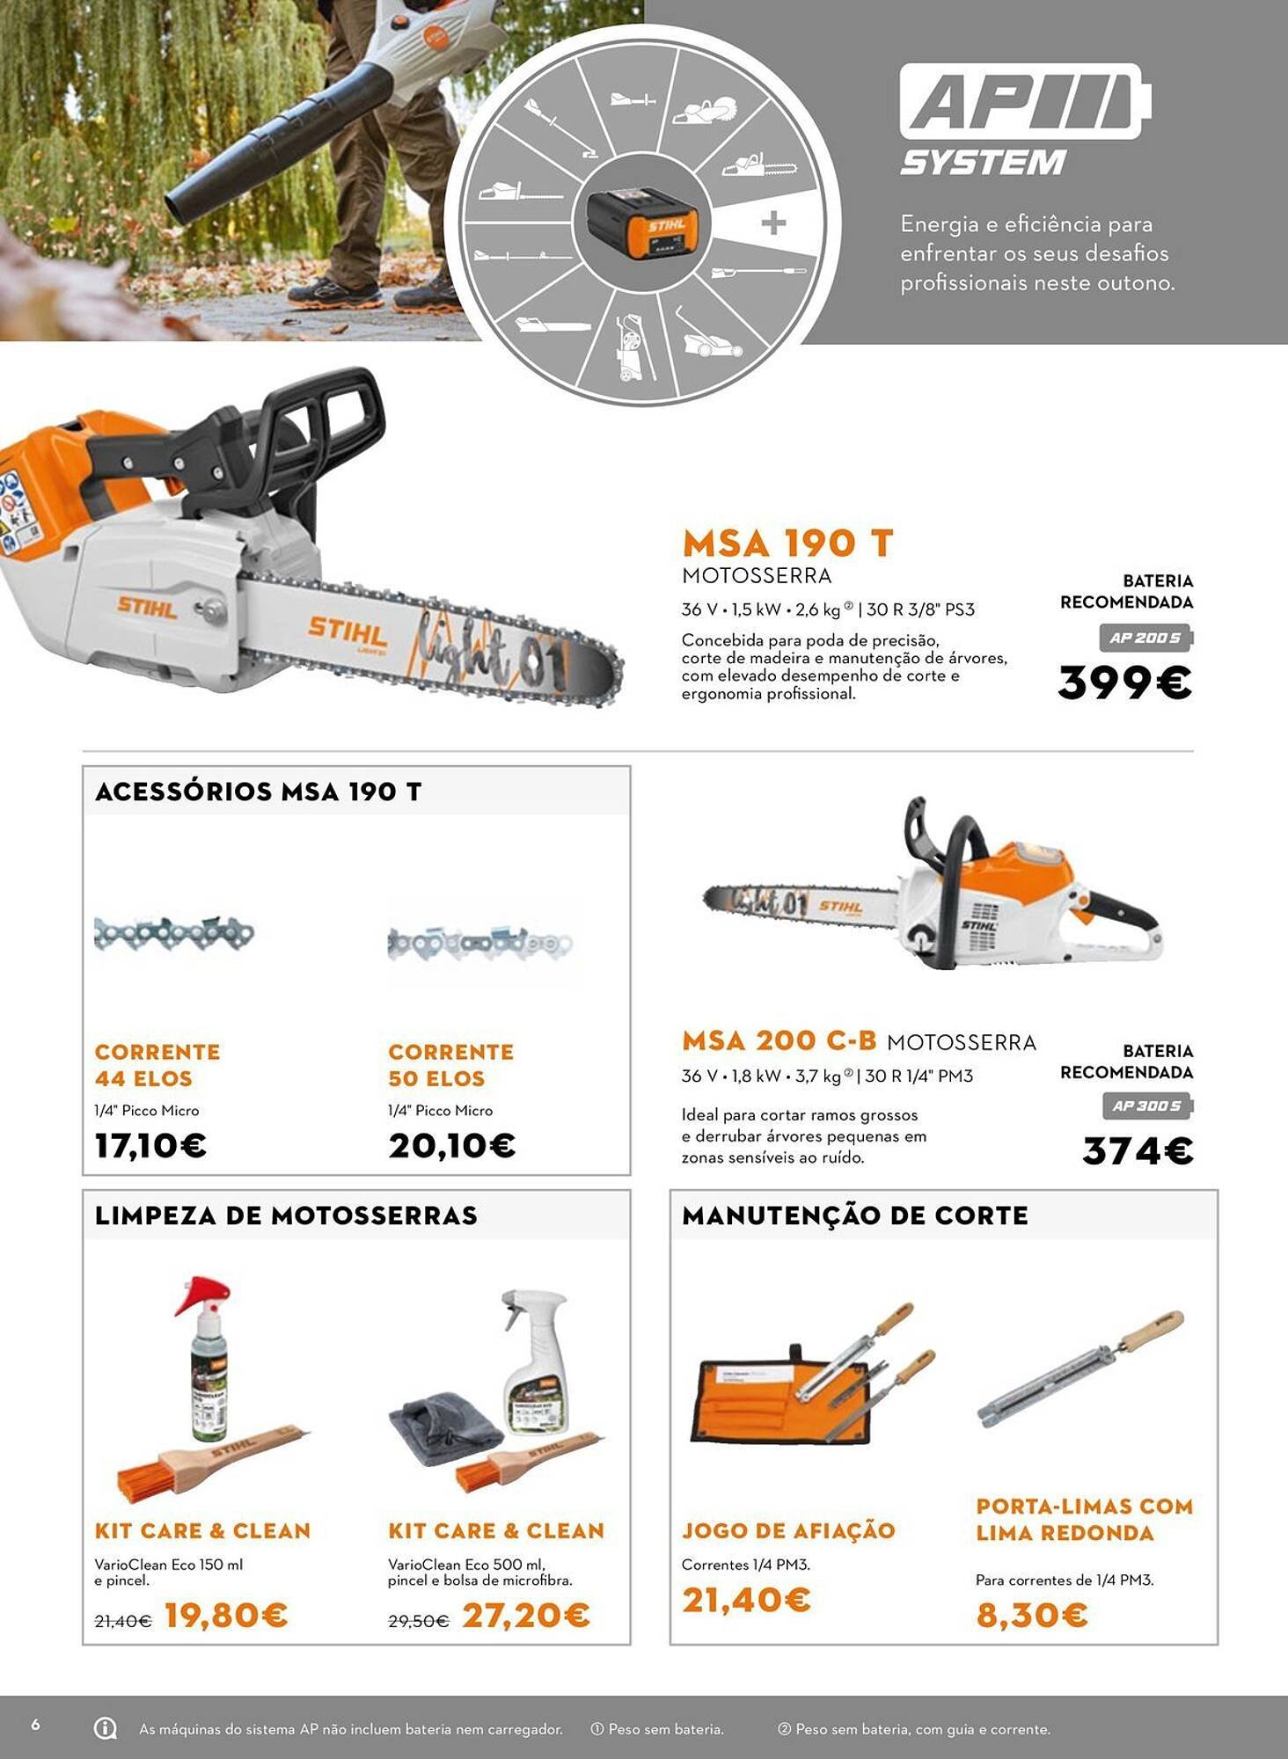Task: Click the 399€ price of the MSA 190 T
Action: tap(1124, 682)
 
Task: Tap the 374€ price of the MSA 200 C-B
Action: tap(1137, 1150)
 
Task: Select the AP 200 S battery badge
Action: tap(1145, 638)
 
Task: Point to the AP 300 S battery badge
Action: tap(1147, 1106)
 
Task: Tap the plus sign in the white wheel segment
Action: tap(773, 223)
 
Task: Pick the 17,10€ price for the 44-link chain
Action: tap(150, 1145)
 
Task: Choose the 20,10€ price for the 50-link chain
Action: tap(451, 1145)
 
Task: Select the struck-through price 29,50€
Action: tap(418, 1621)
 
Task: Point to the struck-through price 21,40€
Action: tap(122, 1621)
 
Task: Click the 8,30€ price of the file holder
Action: tap(1031, 1615)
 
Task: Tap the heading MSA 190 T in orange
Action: tap(787, 543)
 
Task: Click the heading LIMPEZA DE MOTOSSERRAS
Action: tap(286, 1215)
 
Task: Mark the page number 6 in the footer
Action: tap(35, 1725)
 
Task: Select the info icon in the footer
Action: tap(105, 1728)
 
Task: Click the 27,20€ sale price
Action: tap(525, 1615)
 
